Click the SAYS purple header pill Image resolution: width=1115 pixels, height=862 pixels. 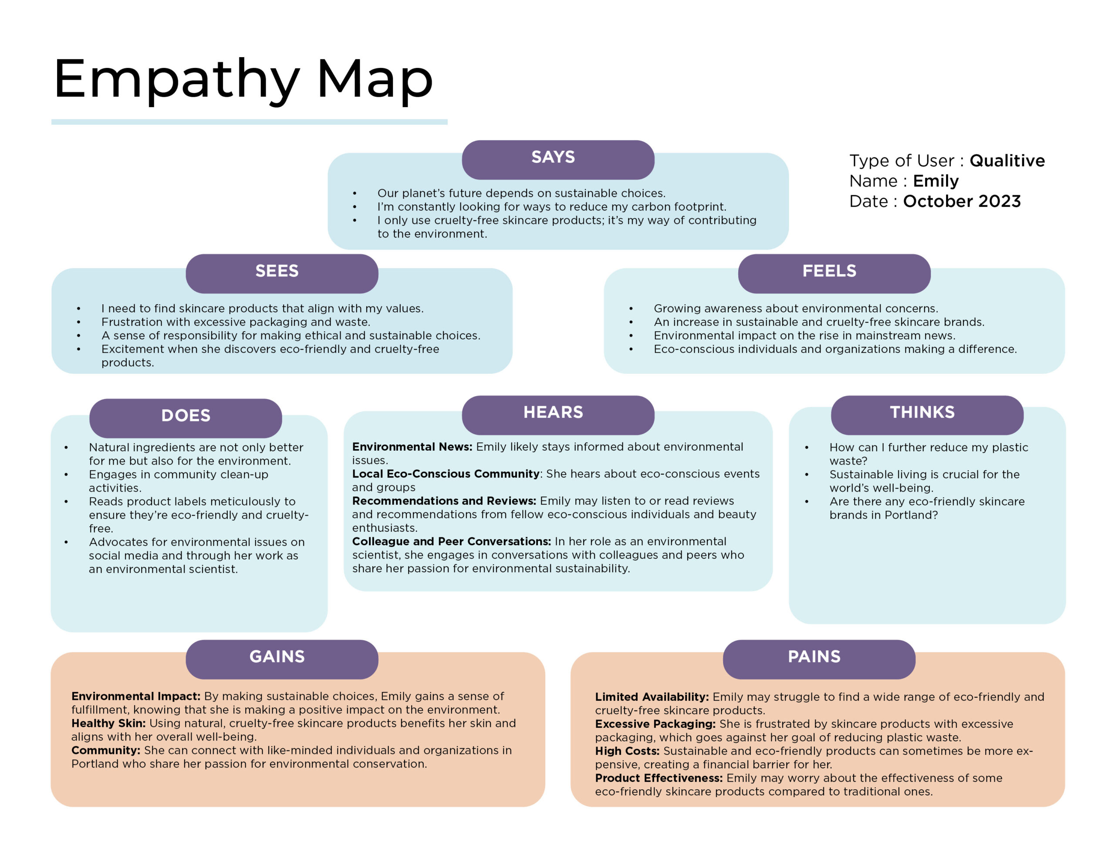(x=557, y=160)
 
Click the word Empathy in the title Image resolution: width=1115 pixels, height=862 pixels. (x=176, y=81)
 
